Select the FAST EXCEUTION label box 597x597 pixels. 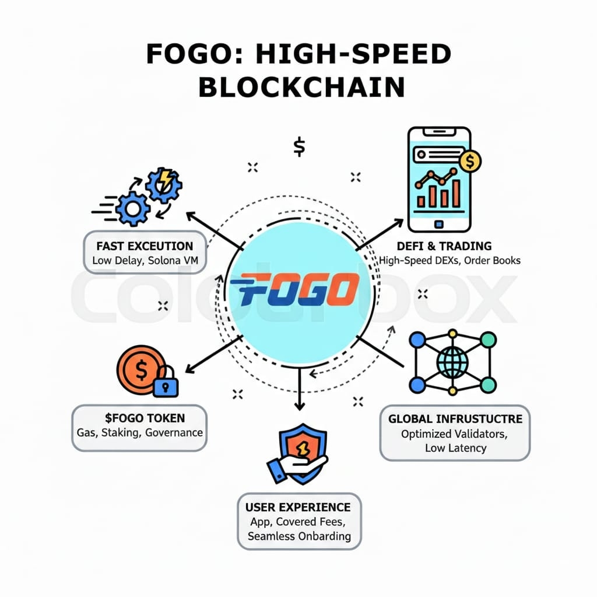[x=145, y=252]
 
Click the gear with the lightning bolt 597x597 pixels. [x=164, y=184]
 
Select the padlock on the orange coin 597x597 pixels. [x=166, y=382]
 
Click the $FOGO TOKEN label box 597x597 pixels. [x=139, y=427]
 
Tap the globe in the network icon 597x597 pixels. [x=452, y=361]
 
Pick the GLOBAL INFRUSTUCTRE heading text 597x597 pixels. [x=455, y=419]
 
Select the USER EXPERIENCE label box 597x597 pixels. [x=299, y=521]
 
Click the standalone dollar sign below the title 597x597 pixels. [x=299, y=147]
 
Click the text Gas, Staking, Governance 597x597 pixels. [x=140, y=433]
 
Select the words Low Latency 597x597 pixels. [x=455, y=448]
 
